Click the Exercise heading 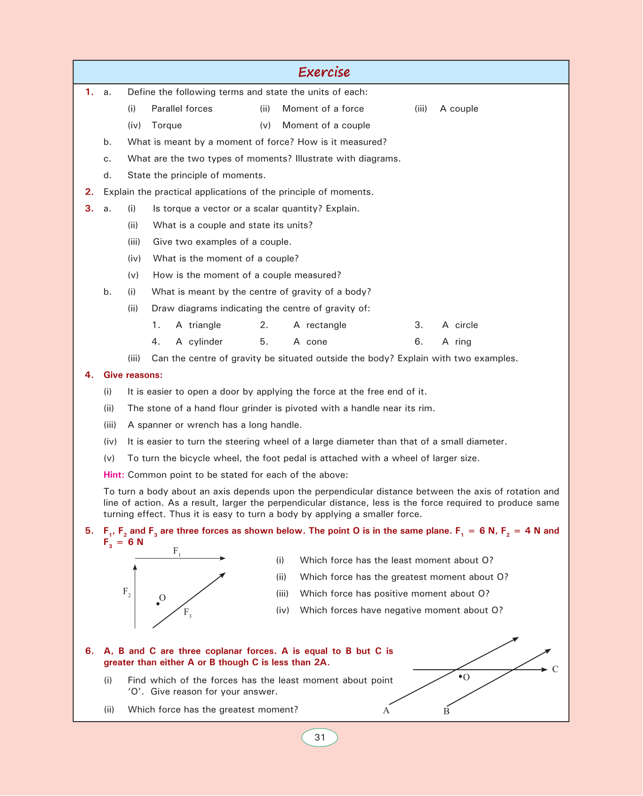click(x=324, y=72)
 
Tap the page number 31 click(x=320, y=738)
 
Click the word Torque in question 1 click(x=167, y=125)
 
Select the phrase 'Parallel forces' click(x=182, y=109)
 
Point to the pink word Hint click(x=114, y=475)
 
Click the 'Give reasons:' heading click(x=133, y=375)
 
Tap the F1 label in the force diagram click(x=177, y=551)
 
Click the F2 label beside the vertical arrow click(x=127, y=592)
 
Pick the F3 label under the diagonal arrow click(x=187, y=613)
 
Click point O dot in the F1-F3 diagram click(x=158, y=604)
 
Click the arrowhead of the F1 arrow click(x=223, y=558)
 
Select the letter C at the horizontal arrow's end click(x=555, y=669)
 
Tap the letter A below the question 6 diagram click(x=386, y=711)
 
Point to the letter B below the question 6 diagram click(x=446, y=711)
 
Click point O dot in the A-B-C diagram click(x=460, y=676)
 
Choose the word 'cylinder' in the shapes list click(x=205, y=342)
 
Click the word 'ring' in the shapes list click(x=463, y=342)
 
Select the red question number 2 click(x=89, y=192)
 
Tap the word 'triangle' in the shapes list click(x=205, y=325)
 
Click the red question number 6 click(x=89, y=651)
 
